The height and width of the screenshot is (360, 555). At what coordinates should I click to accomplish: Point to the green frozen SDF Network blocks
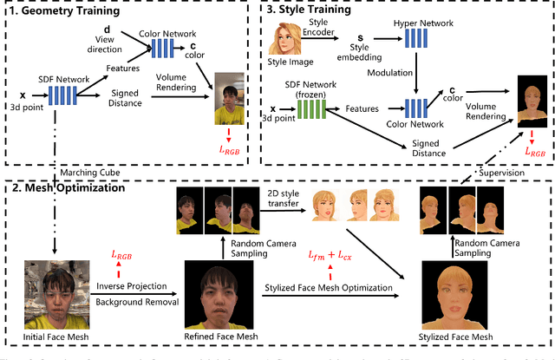point(309,108)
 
